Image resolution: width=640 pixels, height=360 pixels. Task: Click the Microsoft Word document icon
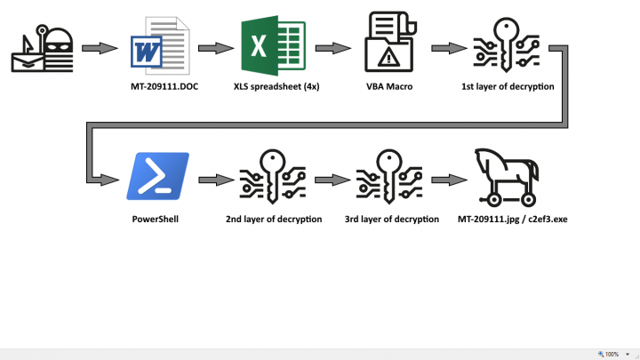160,45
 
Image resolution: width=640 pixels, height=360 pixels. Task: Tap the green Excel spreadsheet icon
273,45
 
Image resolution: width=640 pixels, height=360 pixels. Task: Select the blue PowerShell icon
158,176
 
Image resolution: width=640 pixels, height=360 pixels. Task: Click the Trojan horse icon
508,178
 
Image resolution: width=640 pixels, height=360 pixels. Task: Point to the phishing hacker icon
43,49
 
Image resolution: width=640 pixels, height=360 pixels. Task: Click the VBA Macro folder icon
390,42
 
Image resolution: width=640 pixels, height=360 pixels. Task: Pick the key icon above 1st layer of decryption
507,45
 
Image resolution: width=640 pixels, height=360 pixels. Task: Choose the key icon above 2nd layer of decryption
273,176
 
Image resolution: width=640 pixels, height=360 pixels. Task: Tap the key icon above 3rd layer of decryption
389,176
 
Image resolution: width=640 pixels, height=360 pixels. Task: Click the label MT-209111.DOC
164,86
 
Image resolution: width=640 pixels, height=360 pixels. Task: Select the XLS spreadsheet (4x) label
276,86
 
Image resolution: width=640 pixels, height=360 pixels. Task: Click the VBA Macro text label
389,86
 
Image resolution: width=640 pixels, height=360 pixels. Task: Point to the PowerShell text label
155,220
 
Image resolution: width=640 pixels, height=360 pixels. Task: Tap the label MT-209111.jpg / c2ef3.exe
512,220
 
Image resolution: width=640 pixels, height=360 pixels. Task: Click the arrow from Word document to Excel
216,48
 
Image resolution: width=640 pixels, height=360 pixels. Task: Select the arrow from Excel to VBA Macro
333,48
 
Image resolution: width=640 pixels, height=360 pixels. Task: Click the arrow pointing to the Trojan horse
450,180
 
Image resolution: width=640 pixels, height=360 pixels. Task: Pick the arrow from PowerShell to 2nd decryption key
217,180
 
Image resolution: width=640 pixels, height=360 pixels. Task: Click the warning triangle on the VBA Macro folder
388,57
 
